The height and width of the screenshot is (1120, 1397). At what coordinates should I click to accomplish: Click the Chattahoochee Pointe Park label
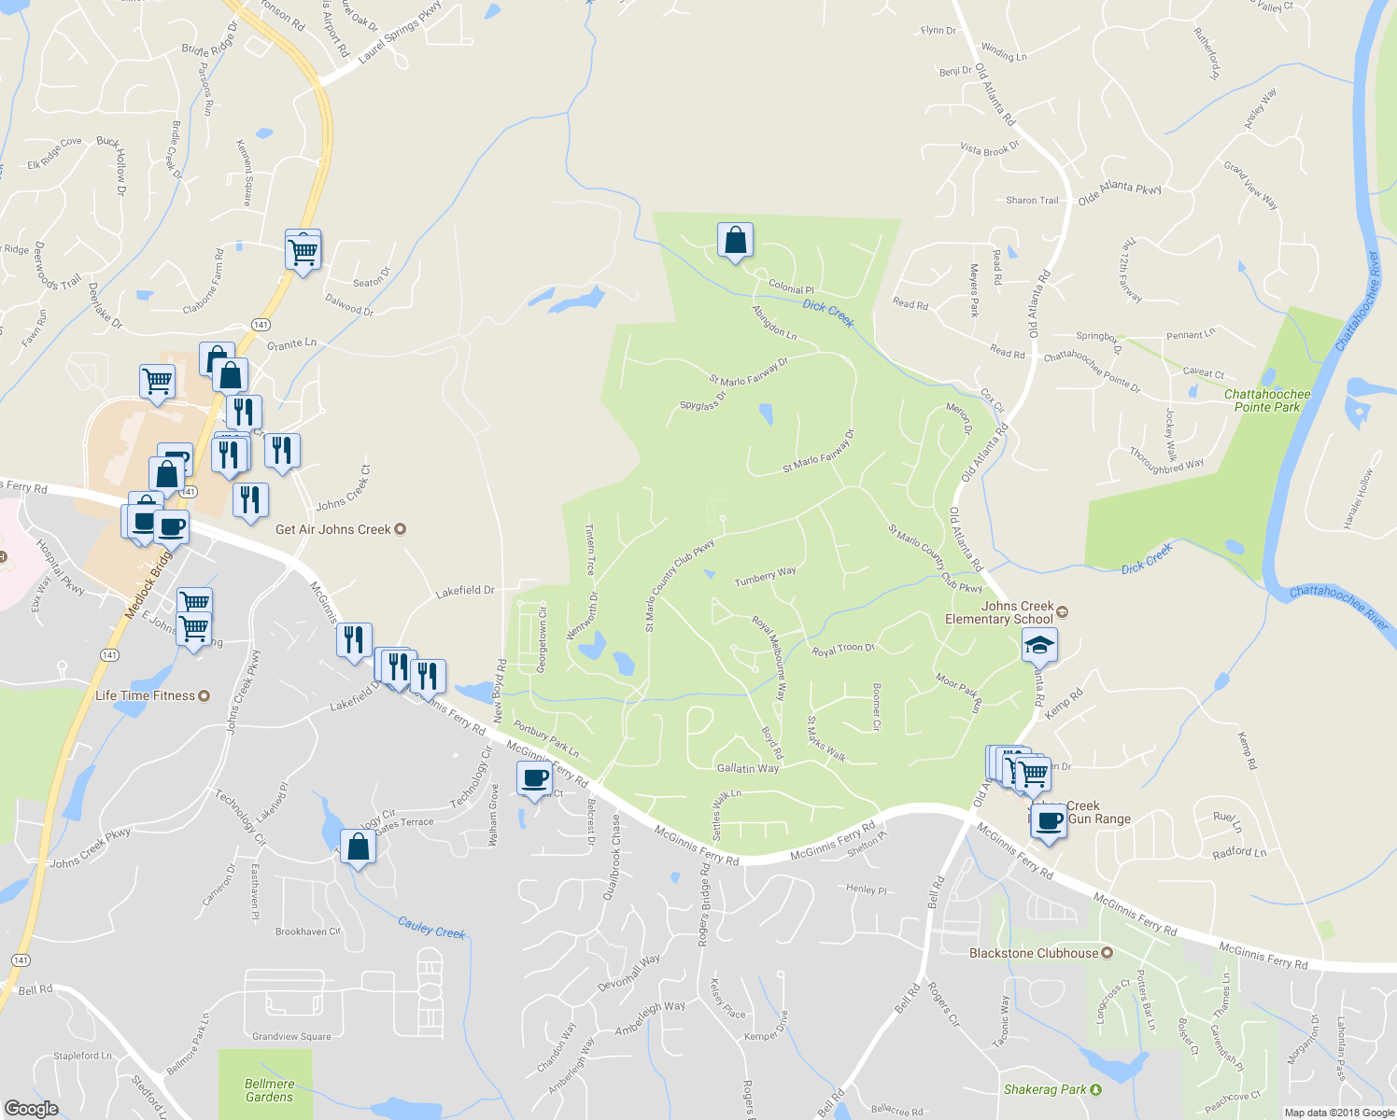[x=1267, y=400]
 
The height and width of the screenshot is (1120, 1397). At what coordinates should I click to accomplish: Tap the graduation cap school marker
[x=1039, y=646]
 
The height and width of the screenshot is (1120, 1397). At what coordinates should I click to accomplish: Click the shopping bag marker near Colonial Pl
[x=735, y=241]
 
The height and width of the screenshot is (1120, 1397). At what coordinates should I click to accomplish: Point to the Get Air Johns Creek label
[x=333, y=529]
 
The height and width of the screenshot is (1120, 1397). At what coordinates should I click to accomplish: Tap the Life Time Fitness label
[x=146, y=695]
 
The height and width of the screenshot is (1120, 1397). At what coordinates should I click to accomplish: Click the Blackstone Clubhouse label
[x=1034, y=953]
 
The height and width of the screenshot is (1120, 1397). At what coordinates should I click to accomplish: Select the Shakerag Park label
[x=1045, y=1089]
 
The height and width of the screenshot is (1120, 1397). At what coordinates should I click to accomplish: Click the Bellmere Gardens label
[x=269, y=1090]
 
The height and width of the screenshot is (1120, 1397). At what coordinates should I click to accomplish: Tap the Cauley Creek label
[x=431, y=928]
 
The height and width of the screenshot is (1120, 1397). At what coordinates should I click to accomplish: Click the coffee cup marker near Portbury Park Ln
[x=535, y=778]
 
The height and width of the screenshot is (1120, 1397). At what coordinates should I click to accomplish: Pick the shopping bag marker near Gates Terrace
[x=358, y=847]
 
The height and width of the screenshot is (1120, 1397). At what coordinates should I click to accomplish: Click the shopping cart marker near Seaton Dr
[x=303, y=249]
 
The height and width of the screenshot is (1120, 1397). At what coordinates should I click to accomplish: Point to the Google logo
[x=32, y=1109]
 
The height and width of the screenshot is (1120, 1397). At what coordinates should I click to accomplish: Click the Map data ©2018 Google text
[x=1339, y=1113]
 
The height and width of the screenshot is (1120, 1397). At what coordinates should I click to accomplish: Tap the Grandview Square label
[x=291, y=1036]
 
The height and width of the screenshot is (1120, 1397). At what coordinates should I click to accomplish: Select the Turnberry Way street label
[x=765, y=576]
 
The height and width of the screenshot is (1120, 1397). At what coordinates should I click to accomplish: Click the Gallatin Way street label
[x=747, y=768]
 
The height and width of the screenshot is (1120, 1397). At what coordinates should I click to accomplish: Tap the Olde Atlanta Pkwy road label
[x=1120, y=193]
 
